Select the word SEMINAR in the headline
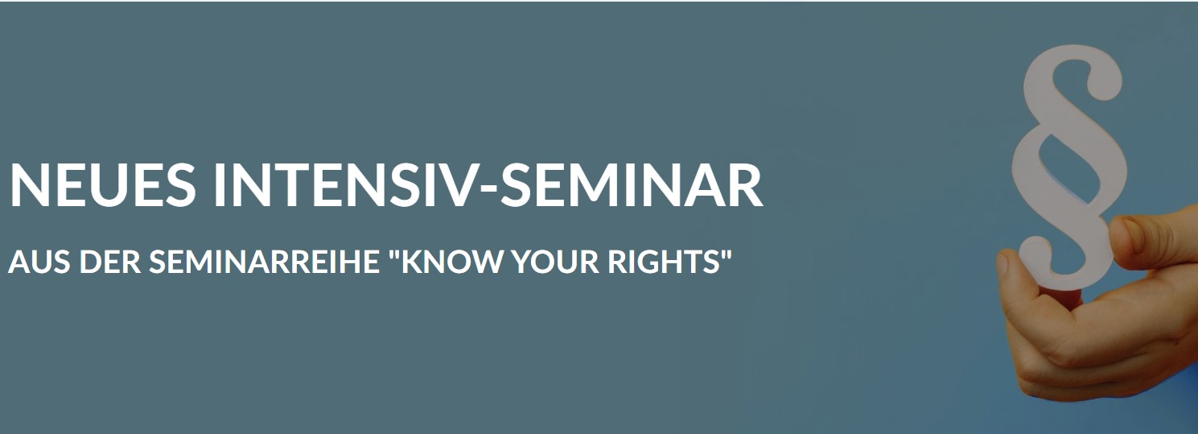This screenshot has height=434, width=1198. coord(631,184)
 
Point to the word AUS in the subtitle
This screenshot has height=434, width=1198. coord(39,262)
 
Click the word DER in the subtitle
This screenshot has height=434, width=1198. coord(109,262)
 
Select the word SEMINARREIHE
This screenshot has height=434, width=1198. coord(264,262)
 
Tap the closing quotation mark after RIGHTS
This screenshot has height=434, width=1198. coord(726,254)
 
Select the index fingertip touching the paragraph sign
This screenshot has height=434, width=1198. coord(1129,235)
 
